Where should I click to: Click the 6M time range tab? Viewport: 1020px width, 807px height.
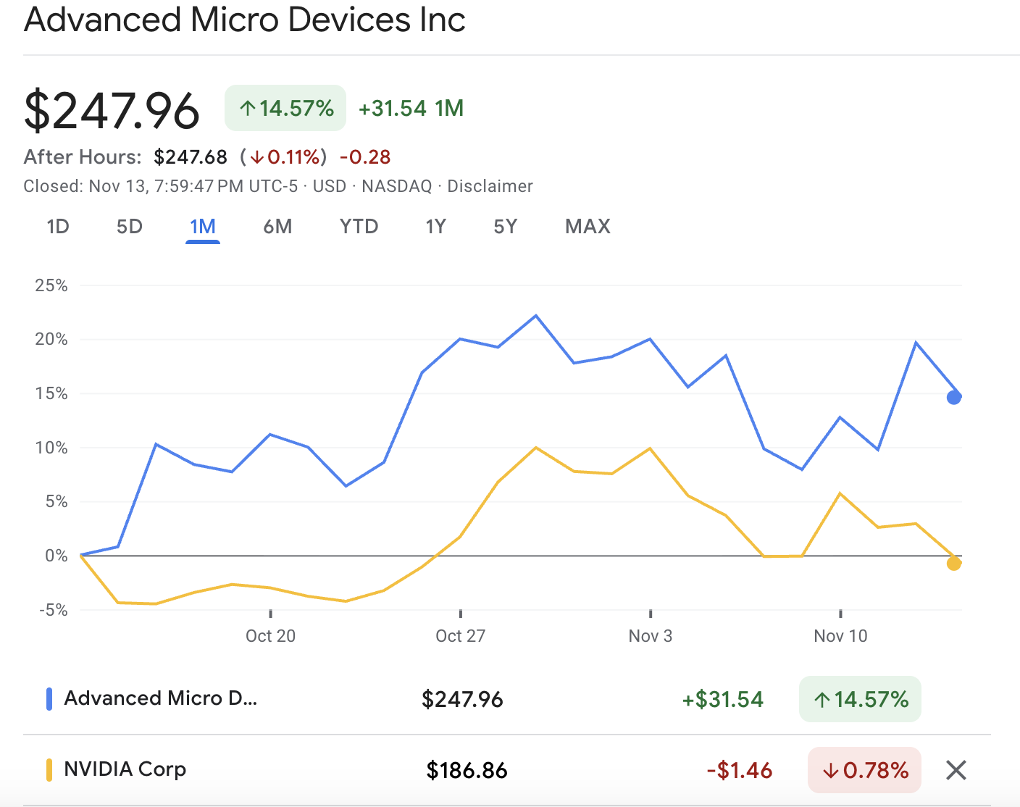tap(277, 227)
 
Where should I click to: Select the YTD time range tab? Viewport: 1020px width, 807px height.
tap(359, 227)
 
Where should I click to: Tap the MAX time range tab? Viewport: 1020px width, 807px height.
tap(588, 227)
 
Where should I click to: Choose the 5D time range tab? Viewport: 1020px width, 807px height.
tap(130, 227)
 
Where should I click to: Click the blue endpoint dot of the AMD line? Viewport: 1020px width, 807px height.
tap(954, 397)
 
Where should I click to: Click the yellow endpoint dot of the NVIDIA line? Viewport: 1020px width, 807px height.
tap(954, 563)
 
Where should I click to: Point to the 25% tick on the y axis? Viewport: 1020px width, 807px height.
tap(51, 285)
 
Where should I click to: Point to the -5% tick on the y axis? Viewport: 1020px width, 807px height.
tap(53, 610)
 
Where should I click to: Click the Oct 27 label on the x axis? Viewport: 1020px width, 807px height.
tap(460, 636)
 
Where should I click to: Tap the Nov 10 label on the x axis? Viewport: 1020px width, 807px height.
tap(840, 636)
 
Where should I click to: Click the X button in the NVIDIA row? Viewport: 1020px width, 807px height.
tap(956, 770)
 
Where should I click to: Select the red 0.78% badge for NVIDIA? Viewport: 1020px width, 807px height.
tap(864, 770)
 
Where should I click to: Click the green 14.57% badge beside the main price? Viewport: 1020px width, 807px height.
tap(285, 109)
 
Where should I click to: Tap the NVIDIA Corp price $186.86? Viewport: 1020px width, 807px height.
tap(467, 770)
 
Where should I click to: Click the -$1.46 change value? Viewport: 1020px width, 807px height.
tap(739, 770)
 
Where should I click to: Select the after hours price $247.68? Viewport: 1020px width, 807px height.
tap(191, 157)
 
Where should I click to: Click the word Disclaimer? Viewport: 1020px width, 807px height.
tap(490, 186)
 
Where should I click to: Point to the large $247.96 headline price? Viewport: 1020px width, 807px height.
tap(112, 111)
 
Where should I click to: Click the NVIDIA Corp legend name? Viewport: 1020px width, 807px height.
tap(125, 769)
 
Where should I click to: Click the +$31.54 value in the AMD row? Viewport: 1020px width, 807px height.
tap(722, 699)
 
